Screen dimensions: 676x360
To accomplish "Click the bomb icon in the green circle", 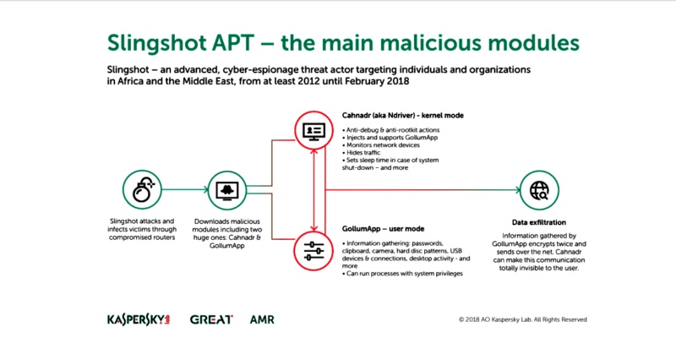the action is (142, 189).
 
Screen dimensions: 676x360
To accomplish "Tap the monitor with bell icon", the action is (227, 190).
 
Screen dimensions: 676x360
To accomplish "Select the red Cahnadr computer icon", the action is (313, 130).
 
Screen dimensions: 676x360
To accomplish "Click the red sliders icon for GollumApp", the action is (313, 251).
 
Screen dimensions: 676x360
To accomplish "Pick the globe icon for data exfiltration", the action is (539, 190).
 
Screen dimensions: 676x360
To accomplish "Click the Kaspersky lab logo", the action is (139, 319).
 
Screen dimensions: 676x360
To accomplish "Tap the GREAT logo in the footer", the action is (211, 319).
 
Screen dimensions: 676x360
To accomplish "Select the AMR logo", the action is (262, 319).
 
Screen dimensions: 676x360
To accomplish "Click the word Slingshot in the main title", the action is (156, 43).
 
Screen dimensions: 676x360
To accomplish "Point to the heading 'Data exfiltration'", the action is (539, 222).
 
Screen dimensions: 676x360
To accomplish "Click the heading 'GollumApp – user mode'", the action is (384, 229).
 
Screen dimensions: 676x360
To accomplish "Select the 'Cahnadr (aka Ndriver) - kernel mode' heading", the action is (403, 116).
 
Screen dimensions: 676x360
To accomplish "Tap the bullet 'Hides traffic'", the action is (362, 153).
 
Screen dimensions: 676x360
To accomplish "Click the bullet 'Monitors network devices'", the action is (381, 145).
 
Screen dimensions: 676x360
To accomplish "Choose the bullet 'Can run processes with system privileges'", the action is (403, 273).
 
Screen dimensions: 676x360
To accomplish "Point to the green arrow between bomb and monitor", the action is (185, 189).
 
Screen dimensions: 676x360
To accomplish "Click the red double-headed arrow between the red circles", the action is (313, 190).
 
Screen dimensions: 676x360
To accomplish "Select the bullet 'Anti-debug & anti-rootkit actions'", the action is (391, 130).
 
